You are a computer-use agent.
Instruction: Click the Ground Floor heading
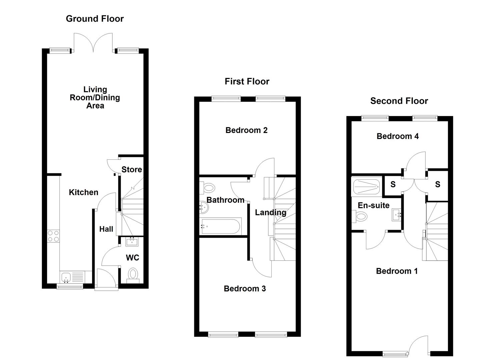click(95, 19)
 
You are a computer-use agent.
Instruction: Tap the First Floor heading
click(247, 81)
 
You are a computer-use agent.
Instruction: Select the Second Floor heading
click(399, 101)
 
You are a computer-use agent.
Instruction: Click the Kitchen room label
click(83, 192)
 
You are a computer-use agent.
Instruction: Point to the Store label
click(131, 170)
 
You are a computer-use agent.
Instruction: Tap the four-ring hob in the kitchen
click(53, 236)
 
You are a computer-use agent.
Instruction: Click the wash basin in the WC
click(132, 241)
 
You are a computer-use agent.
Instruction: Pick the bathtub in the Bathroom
click(220, 226)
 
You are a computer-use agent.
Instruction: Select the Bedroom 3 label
click(245, 289)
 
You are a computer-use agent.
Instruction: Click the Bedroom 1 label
click(397, 271)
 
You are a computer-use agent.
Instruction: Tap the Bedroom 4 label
click(397, 136)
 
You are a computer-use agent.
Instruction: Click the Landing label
click(270, 212)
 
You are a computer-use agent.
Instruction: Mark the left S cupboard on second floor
click(393, 184)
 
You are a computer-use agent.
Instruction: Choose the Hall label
click(106, 229)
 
